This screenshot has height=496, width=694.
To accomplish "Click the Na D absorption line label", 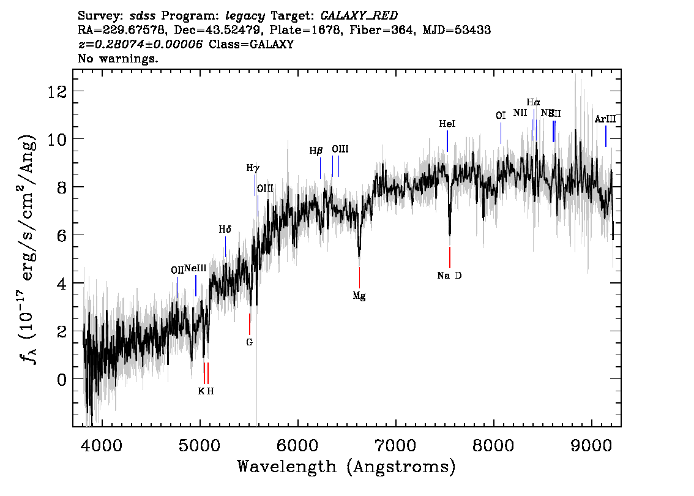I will coord(449,275).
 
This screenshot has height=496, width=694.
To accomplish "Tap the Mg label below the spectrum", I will coord(359,296).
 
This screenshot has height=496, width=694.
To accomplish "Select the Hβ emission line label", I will coord(315,150).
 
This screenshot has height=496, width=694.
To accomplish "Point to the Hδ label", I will coord(225,230).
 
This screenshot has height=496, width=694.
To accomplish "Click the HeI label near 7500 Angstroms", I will coord(447,124).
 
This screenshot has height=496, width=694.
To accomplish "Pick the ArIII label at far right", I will coord(605,119).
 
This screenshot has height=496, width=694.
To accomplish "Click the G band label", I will coord(249,342).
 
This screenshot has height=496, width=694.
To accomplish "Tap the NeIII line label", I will coord(196,268).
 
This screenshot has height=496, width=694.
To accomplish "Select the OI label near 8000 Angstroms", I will coord(501,115).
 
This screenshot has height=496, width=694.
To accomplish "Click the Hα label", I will coord(534,102).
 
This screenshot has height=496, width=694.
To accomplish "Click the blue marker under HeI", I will coord(447,141).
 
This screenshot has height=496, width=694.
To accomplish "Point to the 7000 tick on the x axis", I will coord(395,423).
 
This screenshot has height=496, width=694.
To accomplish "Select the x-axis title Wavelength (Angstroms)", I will coord(346,467).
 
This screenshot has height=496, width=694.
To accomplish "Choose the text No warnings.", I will coord(118,59).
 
